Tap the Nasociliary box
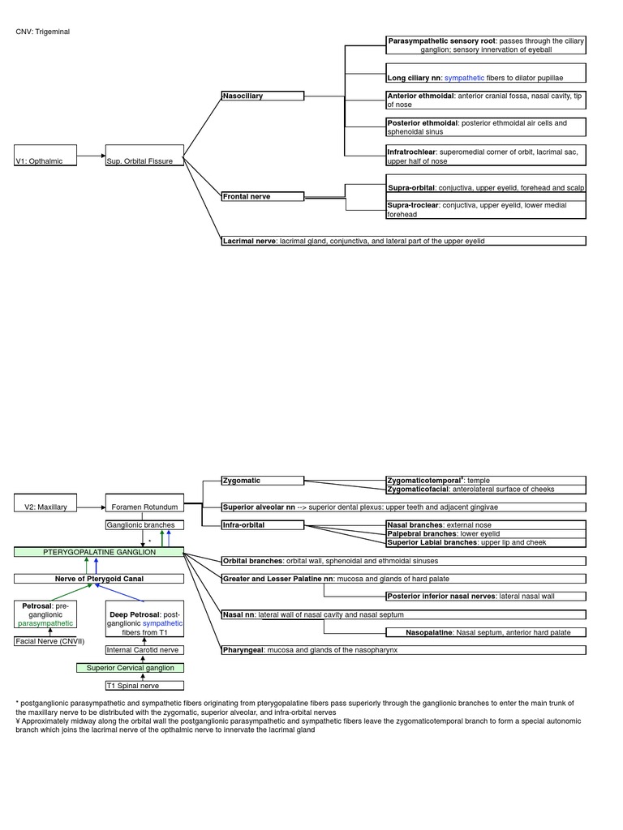click(263, 96)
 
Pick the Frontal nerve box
click(263, 196)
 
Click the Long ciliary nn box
click(486, 73)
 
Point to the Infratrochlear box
click(486, 155)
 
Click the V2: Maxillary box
click(45, 503)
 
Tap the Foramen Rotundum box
click(144, 503)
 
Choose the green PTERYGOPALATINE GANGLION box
click(99, 551)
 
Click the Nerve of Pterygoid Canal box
click(99, 579)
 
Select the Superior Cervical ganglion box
click(131, 668)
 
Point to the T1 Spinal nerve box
click(132, 685)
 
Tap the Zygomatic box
click(263, 481)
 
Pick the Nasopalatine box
click(486, 632)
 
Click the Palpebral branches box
click(486, 533)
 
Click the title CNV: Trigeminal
click(42, 32)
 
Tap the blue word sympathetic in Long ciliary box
click(464, 78)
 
